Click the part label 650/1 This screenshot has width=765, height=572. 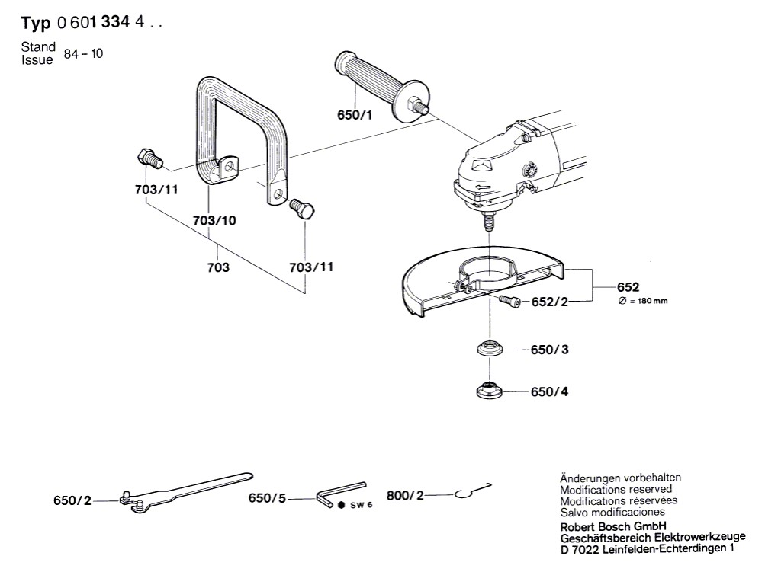point(355,116)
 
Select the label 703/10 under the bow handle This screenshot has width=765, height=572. point(214,220)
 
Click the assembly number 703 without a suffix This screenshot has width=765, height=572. point(219,268)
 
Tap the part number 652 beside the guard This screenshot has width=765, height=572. point(628,287)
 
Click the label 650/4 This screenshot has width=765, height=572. point(549,392)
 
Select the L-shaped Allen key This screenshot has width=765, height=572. point(339,491)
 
